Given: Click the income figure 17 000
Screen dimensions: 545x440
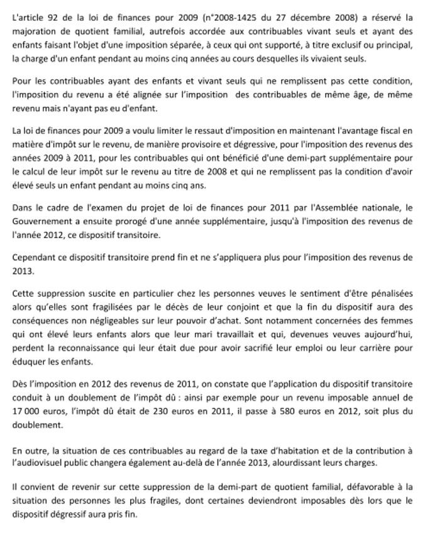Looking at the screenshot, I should coord(26,413).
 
